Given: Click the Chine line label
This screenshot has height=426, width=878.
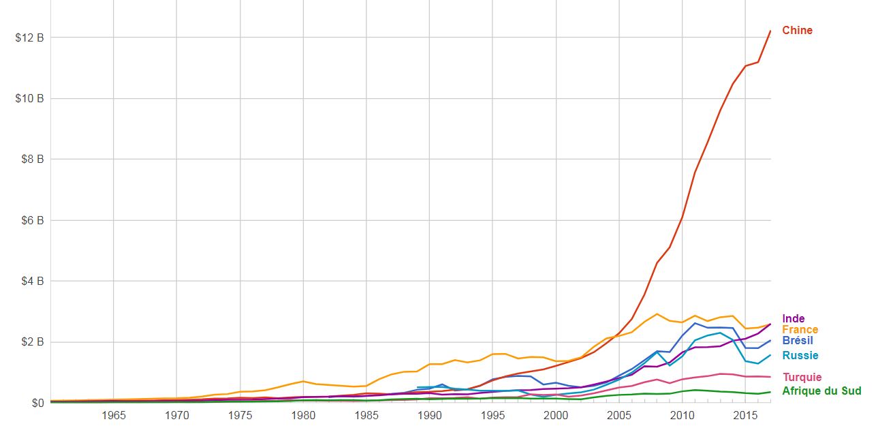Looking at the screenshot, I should tap(797, 31).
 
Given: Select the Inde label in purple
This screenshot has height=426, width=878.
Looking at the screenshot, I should tap(793, 319).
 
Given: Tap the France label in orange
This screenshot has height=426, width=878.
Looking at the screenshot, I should tap(800, 330).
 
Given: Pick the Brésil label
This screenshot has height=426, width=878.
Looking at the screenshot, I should tap(797, 341).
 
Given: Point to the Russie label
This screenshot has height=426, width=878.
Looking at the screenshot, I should tap(800, 356).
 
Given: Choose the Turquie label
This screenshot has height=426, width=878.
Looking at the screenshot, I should tap(802, 378).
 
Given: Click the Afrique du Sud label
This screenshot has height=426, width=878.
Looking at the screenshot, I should tap(821, 391).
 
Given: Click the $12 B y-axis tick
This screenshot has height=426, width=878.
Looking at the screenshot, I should tap(29, 37).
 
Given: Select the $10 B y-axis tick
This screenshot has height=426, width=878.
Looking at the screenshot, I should tap(29, 99).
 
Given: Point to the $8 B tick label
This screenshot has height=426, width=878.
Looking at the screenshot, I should tap(32, 159).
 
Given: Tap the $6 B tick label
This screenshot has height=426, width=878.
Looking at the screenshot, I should tap(32, 221).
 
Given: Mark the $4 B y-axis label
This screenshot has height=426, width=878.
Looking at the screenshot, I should tap(32, 282).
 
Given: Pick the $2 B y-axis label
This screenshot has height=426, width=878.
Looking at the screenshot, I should tap(32, 342).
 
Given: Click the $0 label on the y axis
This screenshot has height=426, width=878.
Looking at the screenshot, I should tap(37, 404).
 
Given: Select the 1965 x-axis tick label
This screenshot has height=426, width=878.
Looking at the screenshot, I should tap(113, 416).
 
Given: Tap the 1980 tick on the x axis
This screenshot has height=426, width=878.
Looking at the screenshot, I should tap(303, 416).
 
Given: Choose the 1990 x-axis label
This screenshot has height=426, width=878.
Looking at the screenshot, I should tap(430, 416).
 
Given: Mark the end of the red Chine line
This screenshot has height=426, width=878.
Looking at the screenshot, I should tap(770, 31).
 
